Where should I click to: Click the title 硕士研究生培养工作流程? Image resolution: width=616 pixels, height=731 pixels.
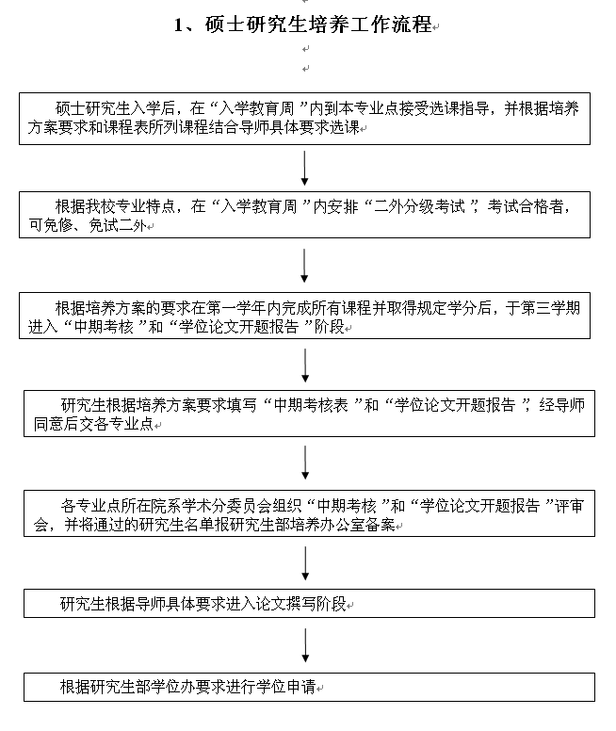click(x=316, y=25)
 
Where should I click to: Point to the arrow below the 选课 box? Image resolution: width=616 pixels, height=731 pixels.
click(x=304, y=168)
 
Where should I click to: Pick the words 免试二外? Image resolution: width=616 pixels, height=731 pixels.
click(x=112, y=227)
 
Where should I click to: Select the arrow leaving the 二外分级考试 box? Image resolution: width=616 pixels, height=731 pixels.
click(x=304, y=266)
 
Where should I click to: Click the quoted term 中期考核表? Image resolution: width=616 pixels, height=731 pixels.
click(x=313, y=405)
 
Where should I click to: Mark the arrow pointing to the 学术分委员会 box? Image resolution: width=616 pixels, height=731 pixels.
click(x=304, y=463)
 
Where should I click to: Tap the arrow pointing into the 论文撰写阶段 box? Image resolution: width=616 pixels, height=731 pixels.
click(x=304, y=563)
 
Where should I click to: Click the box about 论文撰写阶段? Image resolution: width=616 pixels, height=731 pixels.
click(x=309, y=603)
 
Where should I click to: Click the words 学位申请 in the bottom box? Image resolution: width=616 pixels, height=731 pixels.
click(x=286, y=687)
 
